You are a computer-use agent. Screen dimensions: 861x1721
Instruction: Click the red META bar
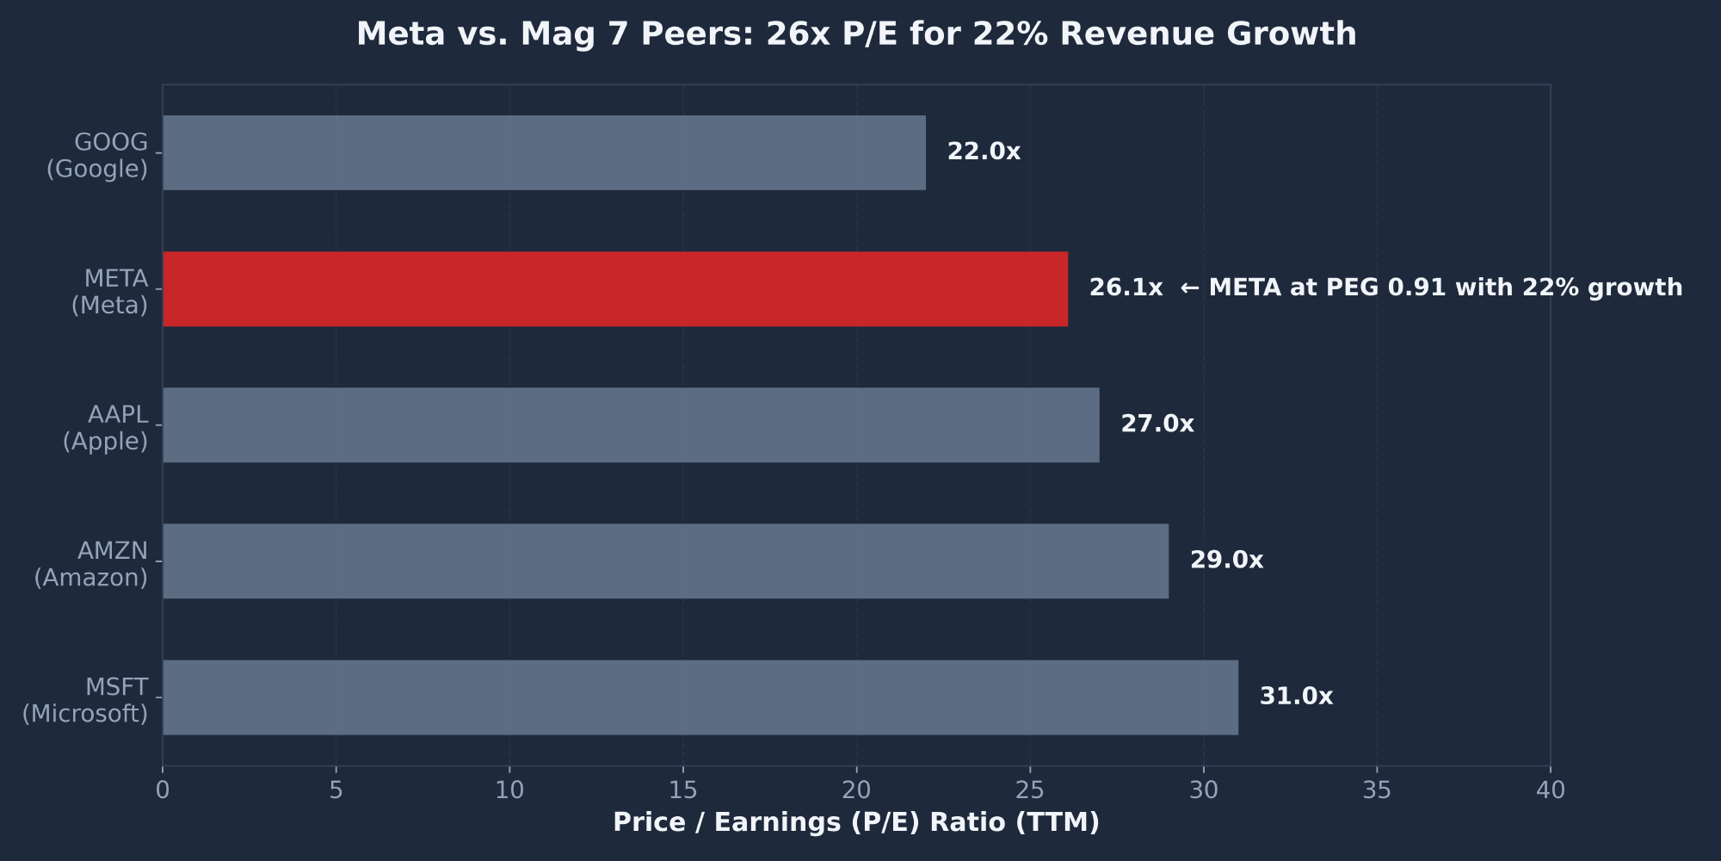click(x=615, y=289)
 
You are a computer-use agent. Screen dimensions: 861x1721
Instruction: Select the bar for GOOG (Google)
click(x=544, y=152)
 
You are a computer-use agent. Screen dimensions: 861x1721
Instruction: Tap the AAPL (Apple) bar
click(x=631, y=424)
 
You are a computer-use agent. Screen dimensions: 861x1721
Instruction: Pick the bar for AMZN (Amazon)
click(x=665, y=561)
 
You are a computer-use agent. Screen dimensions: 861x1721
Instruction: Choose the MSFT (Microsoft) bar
click(x=700, y=697)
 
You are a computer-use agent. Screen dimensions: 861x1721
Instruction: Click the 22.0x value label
click(x=984, y=152)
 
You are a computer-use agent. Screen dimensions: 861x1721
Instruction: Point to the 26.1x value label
click(x=1126, y=288)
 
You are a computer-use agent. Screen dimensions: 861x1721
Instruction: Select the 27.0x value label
click(x=1157, y=424)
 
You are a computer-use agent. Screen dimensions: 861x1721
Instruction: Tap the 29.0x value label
click(x=1226, y=561)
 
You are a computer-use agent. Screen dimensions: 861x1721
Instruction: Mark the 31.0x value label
click(x=1296, y=697)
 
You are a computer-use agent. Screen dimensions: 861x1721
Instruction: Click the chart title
click(x=856, y=34)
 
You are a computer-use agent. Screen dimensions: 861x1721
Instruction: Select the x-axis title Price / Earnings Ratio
click(x=856, y=823)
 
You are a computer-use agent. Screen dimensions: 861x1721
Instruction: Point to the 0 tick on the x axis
click(x=163, y=790)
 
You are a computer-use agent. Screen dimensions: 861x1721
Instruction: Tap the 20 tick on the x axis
click(x=856, y=790)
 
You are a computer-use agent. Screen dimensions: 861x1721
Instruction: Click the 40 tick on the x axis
click(x=1551, y=790)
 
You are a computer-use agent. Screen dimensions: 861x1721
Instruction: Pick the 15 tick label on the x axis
click(x=683, y=790)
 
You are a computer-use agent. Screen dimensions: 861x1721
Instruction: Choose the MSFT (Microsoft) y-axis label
click(x=85, y=700)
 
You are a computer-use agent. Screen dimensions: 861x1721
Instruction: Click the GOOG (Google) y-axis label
click(x=97, y=156)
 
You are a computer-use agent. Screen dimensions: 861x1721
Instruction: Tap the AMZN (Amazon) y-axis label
click(x=91, y=564)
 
